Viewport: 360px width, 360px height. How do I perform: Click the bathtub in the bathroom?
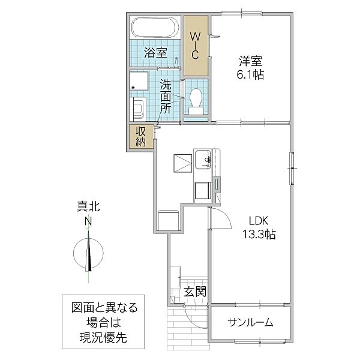(x=155, y=28)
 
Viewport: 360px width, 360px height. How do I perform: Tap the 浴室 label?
(x=155, y=53)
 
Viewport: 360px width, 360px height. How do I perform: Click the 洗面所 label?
(x=166, y=97)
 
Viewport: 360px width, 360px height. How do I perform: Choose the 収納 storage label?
(x=141, y=137)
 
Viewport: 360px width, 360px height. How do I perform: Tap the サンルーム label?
(x=250, y=323)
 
